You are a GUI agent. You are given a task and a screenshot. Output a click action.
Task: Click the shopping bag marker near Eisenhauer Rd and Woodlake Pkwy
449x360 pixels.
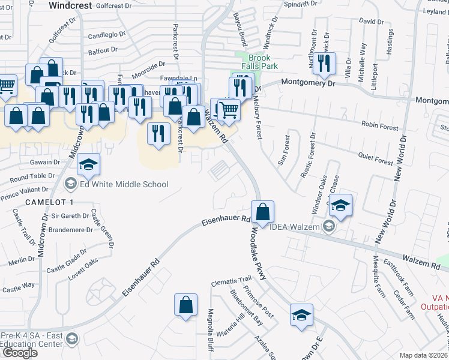tap(262, 212)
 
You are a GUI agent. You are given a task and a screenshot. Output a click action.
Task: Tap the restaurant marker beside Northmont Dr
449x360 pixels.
tap(324, 64)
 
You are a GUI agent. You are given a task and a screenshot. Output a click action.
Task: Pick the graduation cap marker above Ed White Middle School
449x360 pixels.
tap(88, 166)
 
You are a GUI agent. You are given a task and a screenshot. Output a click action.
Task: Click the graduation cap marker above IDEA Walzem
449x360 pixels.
tap(340, 205)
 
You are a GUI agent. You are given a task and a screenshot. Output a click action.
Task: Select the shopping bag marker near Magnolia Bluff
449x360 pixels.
tap(186, 304)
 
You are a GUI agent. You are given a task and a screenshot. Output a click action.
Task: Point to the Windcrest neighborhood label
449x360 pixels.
tap(71, 5)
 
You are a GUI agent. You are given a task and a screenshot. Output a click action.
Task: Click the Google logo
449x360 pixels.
tap(20, 352)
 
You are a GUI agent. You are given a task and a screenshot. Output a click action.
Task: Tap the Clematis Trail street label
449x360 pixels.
tap(231, 280)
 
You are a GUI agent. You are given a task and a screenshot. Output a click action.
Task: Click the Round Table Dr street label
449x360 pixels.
tap(32, 177)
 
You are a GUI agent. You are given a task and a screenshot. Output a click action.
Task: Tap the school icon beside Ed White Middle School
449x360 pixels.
tap(70, 184)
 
